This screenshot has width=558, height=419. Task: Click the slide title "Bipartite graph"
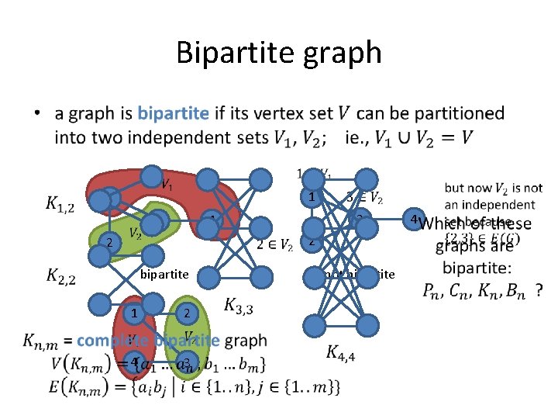click(279, 53)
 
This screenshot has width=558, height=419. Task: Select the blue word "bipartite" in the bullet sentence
click(173, 113)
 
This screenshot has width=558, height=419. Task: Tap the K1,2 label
click(60, 204)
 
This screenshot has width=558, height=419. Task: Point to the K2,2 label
click(60, 275)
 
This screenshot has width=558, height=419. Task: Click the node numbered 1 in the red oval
click(134, 313)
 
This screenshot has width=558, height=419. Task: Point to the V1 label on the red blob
click(166, 184)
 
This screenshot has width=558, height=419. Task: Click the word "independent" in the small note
click(501, 205)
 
